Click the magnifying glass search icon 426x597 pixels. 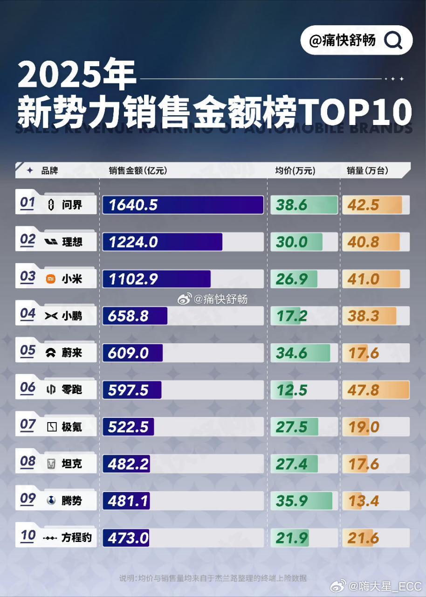click(393, 41)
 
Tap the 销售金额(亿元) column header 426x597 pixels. click(137, 171)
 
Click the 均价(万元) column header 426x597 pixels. click(295, 171)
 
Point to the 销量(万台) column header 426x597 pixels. click(367, 171)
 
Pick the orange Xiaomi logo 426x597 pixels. click(50, 279)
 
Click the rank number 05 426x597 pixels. click(28, 351)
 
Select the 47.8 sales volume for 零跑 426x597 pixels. click(364, 390)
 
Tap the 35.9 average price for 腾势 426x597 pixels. click(292, 501)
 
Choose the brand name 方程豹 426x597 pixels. click(77, 538)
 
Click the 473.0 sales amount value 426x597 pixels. click(128, 538)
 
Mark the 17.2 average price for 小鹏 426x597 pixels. click(292, 316)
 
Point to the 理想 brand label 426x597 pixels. click(72, 242)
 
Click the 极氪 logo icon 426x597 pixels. click(52, 427)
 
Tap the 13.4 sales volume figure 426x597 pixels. click(363, 501)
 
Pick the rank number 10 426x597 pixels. click(28, 536)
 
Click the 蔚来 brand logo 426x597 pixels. click(51, 353)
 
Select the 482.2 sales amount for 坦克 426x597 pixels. click(128, 464)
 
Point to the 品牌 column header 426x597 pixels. click(49, 171)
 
